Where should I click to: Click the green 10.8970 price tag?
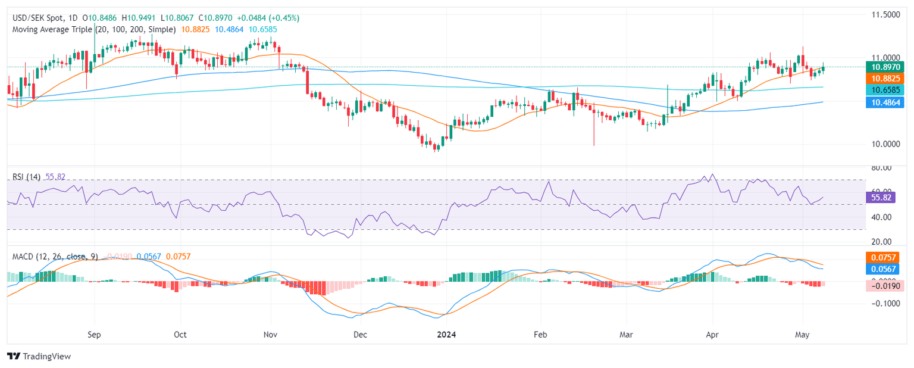[x=885, y=67]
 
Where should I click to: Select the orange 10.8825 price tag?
[x=885, y=79]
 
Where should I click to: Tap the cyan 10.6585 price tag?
[x=885, y=90]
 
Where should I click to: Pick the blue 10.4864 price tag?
[x=885, y=102]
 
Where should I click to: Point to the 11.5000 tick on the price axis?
[x=885, y=14]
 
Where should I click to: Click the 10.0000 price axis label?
[x=885, y=144]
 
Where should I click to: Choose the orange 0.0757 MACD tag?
[x=885, y=258]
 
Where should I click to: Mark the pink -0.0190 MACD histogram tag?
[x=885, y=285]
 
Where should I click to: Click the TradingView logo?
[x=39, y=356]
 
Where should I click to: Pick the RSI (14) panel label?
[x=27, y=177]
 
